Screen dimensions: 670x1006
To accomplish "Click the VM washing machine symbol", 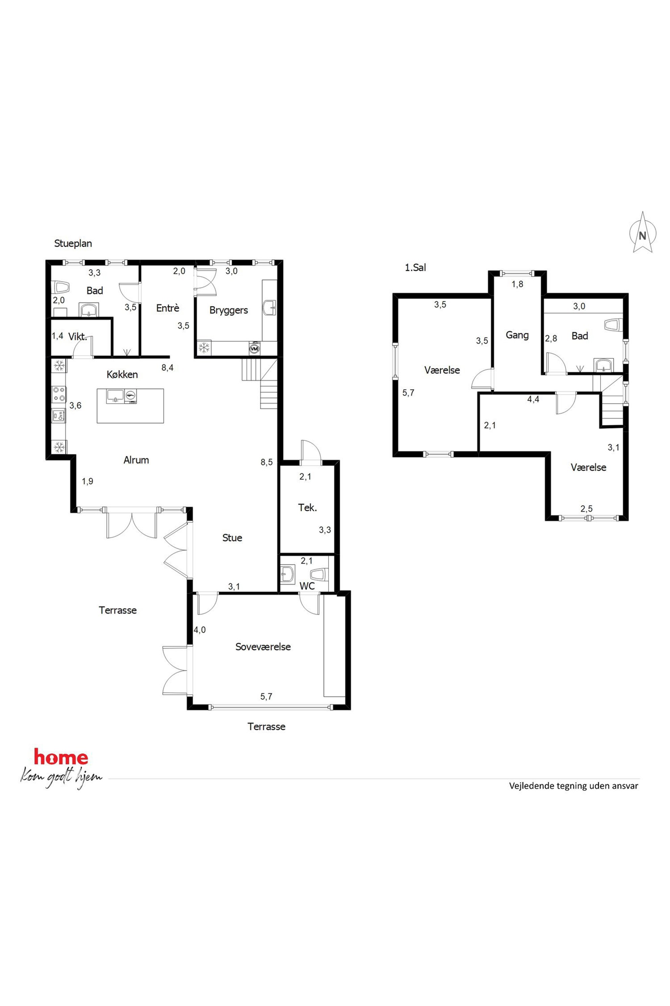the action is (x=254, y=349).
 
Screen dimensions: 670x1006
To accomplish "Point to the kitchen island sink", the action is (x=115, y=396).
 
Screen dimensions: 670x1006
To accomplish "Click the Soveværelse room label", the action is (x=263, y=647).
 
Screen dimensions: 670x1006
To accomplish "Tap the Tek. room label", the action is (x=307, y=508).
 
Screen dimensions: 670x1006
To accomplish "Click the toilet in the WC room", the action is (x=319, y=574).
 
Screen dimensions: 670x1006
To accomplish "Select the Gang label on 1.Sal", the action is (x=517, y=335).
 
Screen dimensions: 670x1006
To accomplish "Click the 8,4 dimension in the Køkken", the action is (x=167, y=367).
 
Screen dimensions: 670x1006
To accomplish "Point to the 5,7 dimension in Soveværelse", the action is (x=266, y=697).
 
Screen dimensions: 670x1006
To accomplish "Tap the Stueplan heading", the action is (x=73, y=244).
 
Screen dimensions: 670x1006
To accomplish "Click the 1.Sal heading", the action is (x=415, y=268).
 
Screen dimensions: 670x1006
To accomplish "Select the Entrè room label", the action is (x=167, y=308).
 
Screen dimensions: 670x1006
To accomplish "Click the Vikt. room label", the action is (x=78, y=337).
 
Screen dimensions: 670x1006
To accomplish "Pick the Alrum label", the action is (x=136, y=460).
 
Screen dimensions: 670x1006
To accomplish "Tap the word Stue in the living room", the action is (x=232, y=537).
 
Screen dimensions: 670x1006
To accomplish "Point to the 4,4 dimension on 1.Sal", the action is (x=533, y=400).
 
